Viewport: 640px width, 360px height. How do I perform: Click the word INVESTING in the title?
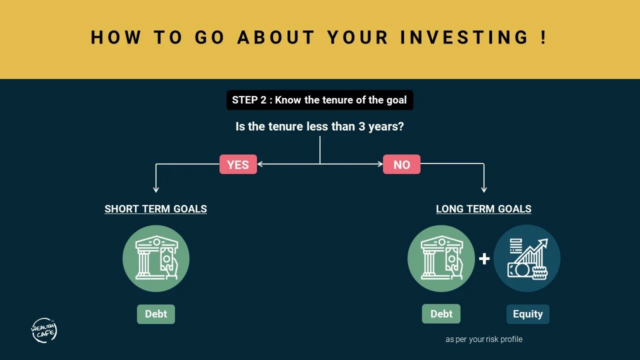pyautogui.click(x=465, y=37)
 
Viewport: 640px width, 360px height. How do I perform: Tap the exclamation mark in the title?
pyautogui.click(x=544, y=37)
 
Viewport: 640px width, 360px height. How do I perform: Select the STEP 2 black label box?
pyautogui.click(x=319, y=100)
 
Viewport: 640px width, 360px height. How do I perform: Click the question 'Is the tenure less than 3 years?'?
pyautogui.click(x=319, y=126)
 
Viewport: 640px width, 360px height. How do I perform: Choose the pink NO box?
pyautogui.click(x=401, y=164)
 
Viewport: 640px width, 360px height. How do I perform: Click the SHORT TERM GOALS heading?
pyautogui.click(x=155, y=209)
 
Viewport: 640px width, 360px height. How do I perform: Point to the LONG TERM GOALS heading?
pyautogui.click(x=483, y=209)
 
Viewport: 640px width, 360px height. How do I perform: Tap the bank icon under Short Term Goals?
pyautogui.click(x=156, y=258)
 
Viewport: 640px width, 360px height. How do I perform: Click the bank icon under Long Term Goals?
pyautogui.click(x=441, y=258)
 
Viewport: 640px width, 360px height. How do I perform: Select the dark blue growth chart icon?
pyautogui.click(x=527, y=258)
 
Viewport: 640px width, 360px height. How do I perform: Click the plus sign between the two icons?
pyautogui.click(x=484, y=259)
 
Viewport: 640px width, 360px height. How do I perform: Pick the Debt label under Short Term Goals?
pyautogui.click(x=156, y=314)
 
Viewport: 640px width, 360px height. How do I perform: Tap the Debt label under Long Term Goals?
pyautogui.click(x=441, y=314)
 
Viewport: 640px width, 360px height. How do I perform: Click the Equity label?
pyautogui.click(x=527, y=314)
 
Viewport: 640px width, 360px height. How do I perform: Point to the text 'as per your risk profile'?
pyautogui.click(x=483, y=339)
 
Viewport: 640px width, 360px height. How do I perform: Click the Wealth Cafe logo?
pyautogui.click(x=44, y=330)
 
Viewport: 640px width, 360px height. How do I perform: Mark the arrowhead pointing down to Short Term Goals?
pyautogui.click(x=156, y=189)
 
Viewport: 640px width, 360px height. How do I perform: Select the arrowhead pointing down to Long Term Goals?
pyautogui.click(x=483, y=189)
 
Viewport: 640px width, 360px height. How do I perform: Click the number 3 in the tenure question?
pyautogui.click(x=361, y=126)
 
